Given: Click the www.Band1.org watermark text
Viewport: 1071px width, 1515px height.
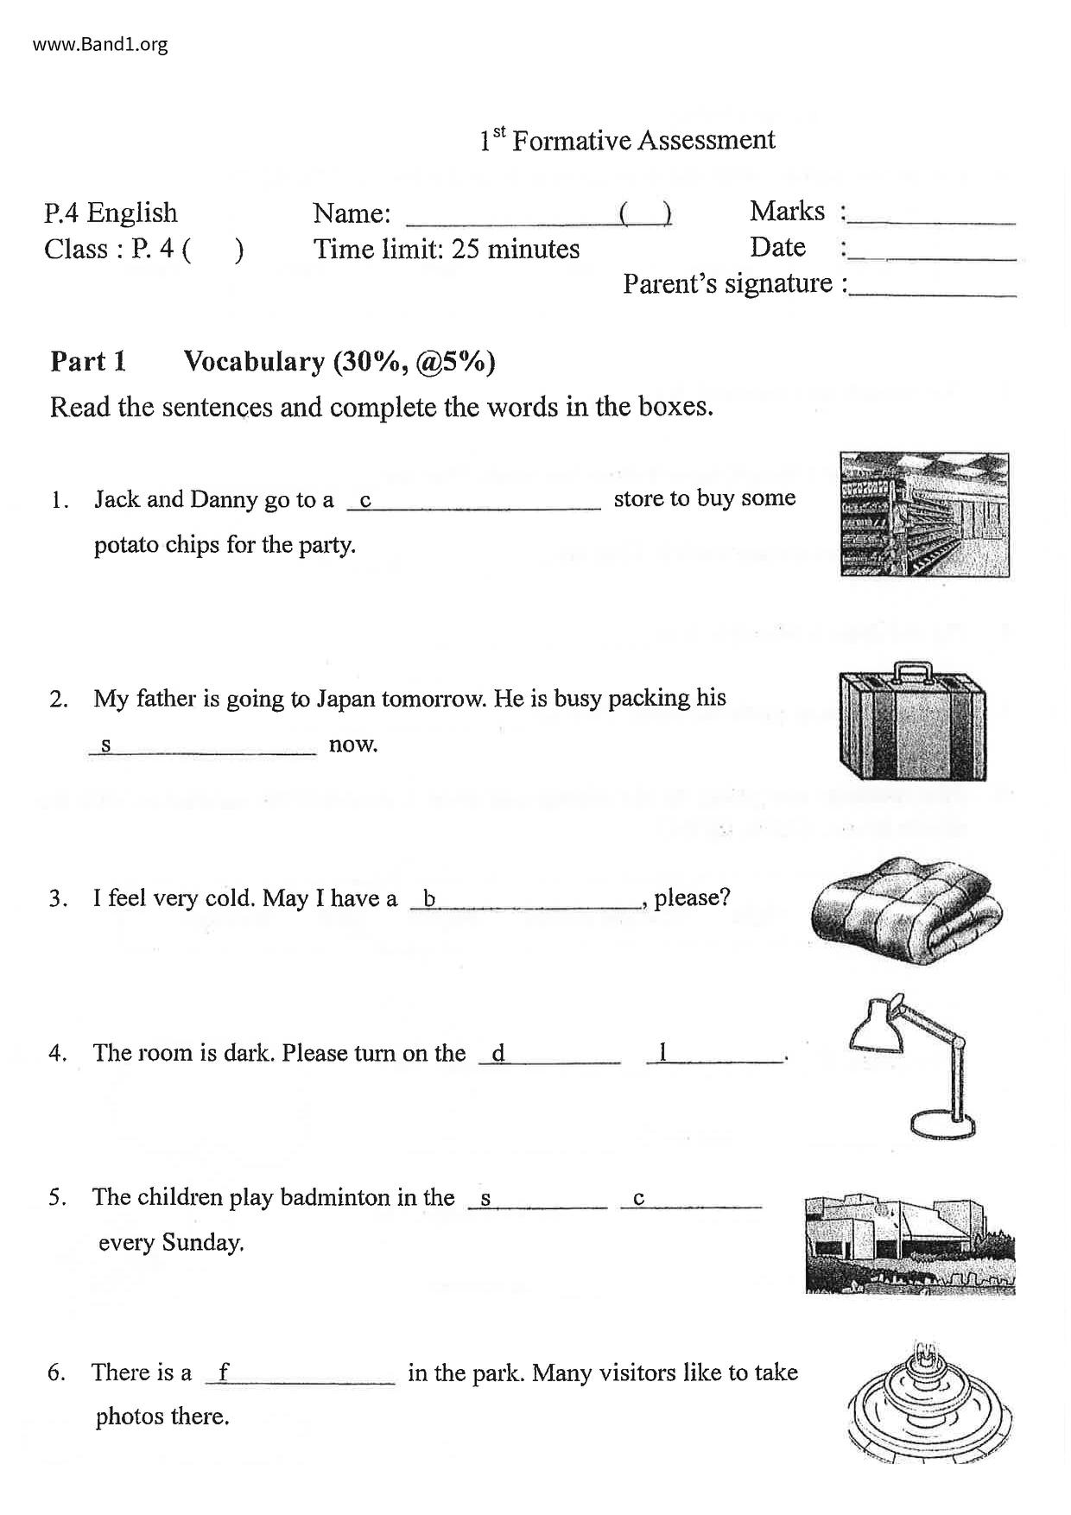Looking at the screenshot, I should (100, 44).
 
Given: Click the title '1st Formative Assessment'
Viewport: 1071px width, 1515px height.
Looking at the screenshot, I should (627, 140).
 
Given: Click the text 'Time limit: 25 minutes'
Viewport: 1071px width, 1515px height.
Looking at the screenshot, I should (446, 250).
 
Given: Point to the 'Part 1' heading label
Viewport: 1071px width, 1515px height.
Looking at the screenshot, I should (88, 361).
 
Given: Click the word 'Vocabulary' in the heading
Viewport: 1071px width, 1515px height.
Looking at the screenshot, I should (254, 361).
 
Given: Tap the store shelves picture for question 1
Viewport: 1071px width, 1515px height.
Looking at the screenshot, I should (924, 515).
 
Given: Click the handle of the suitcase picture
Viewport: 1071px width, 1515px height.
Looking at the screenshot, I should (912, 672).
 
